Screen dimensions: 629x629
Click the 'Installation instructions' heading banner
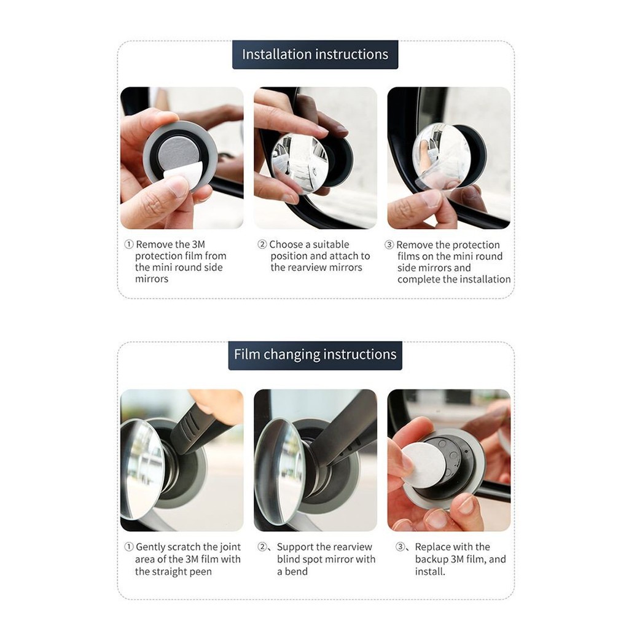tap(315, 55)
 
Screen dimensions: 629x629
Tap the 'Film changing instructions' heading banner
tap(315, 355)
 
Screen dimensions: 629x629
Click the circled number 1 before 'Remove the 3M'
tap(129, 244)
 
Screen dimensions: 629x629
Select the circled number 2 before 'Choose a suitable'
tap(262, 244)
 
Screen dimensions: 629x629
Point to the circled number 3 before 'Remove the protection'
tap(389, 244)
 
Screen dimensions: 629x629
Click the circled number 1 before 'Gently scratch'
tap(129, 547)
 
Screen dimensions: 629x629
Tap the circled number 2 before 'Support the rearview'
tap(262, 547)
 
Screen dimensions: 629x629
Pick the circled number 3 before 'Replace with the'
tap(400, 547)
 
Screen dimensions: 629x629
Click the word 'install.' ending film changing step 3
tap(430, 572)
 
